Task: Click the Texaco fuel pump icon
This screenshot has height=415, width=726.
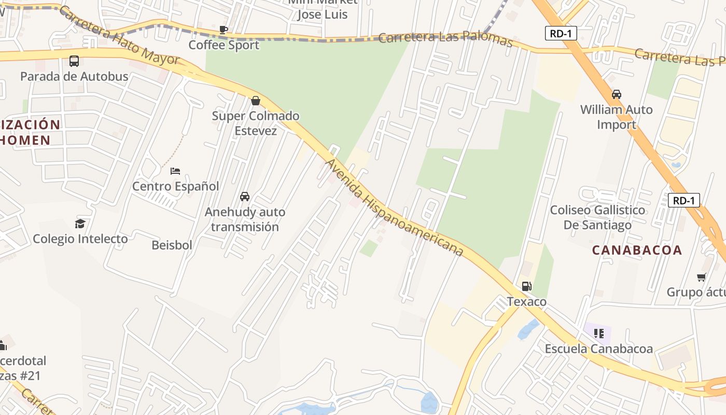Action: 526,286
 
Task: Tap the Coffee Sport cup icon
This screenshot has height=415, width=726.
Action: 223,30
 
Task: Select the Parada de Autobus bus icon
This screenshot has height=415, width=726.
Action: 74,61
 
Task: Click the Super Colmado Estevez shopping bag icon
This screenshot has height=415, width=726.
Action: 255,100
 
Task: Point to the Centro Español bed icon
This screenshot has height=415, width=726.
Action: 175,171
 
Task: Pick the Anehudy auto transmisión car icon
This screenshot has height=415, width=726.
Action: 245,197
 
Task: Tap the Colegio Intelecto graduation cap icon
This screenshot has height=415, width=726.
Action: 80,224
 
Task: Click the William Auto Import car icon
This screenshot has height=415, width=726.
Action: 616,94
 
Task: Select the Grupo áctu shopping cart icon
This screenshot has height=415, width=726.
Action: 701,277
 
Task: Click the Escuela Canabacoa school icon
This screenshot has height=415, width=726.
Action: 598,333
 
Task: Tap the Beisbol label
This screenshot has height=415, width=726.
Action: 172,245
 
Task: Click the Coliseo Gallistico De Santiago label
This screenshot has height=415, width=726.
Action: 597,217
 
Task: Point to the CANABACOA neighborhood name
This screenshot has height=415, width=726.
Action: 637,250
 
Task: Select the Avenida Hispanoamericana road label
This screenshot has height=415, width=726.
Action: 394,208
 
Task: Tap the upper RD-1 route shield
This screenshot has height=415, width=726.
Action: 561,34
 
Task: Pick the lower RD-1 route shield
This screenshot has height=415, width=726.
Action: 683,200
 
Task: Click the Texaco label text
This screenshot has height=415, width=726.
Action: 526,301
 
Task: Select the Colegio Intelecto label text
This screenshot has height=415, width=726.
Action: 80,239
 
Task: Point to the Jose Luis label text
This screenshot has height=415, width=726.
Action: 322,14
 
